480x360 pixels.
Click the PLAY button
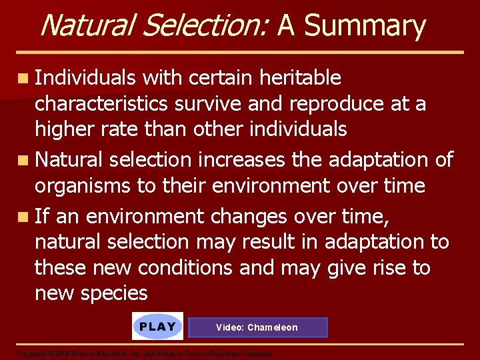(x=157, y=327)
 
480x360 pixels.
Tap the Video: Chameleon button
(x=257, y=327)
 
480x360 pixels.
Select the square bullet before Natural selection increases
(x=23, y=161)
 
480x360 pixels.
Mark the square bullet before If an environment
(x=23, y=217)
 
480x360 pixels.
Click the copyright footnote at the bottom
(x=143, y=353)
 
